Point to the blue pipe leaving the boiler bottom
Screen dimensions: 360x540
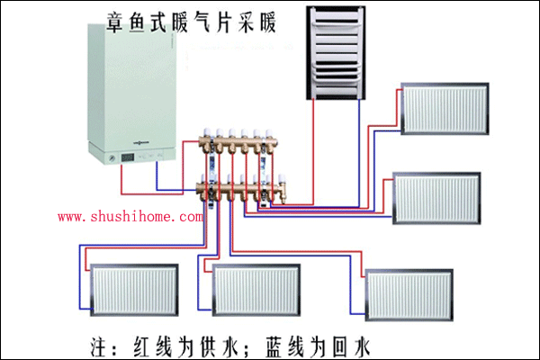click(157, 180)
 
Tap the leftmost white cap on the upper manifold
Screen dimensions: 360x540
click(205, 131)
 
